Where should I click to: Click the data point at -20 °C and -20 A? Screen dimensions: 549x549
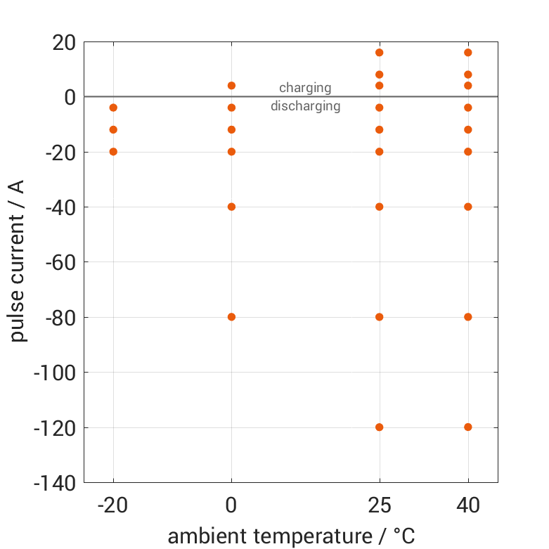click(x=113, y=151)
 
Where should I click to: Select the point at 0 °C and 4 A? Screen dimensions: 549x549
click(x=231, y=86)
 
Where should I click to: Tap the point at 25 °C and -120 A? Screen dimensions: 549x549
click(x=380, y=427)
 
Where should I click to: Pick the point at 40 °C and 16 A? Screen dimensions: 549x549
click(x=468, y=53)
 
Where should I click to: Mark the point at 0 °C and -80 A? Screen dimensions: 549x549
click(x=231, y=316)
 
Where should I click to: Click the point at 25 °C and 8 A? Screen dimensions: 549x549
click(x=380, y=75)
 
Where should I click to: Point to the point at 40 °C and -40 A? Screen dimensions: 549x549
click(x=468, y=207)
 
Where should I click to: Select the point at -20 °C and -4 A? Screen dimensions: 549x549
click(x=113, y=108)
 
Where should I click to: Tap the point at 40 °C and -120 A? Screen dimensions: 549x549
click(x=468, y=427)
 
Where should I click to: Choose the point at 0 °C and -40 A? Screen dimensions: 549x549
click(x=231, y=207)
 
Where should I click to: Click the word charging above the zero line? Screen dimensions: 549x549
click(x=305, y=88)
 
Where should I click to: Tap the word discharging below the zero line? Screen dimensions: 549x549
click(x=305, y=107)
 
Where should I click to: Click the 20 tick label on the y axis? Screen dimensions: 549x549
click(x=63, y=42)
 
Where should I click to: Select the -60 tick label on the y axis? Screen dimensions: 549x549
click(x=59, y=262)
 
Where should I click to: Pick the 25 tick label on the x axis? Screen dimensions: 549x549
click(x=380, y=505)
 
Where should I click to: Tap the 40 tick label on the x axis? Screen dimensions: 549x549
click(x=468, y=505)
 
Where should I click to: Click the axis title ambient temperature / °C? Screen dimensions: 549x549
click(x=291, y=536)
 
